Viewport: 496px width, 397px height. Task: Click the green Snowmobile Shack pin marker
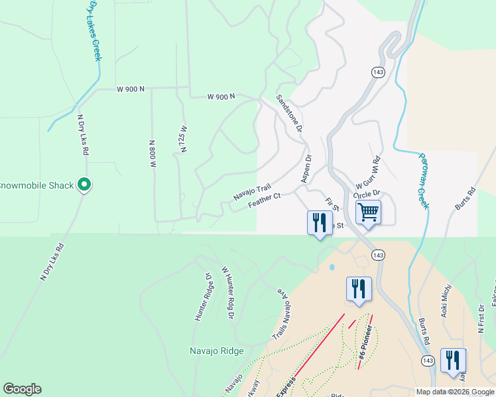point(84,185)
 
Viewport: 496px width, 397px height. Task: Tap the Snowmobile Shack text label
point(36,185)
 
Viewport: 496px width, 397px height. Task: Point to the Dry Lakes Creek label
point(93,31)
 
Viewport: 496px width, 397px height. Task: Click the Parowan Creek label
point(424,180)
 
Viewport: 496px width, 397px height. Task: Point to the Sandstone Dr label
point(290,113)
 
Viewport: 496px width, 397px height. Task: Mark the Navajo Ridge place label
point(216,351)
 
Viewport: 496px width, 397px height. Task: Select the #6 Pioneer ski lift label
point(363,343)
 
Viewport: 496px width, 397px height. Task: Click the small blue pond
point(331,267)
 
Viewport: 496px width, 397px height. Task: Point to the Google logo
point(22,389)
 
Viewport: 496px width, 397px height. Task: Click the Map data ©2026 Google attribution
point(455,392)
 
